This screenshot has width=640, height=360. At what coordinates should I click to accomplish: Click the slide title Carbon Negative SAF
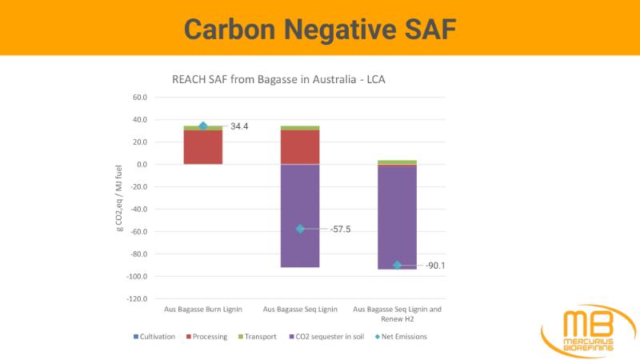click(320, 28)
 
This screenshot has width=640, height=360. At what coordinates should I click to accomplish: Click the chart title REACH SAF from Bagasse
click(280, 80)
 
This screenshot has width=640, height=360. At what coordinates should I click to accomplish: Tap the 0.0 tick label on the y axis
click(141, 165)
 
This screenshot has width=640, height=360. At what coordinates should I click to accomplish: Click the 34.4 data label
click(240, 126)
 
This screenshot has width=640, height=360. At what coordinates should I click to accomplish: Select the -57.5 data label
click(340, 230)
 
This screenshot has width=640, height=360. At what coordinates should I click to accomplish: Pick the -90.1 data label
click(435, 266)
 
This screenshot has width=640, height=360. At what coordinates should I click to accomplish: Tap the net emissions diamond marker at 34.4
click(203, 126)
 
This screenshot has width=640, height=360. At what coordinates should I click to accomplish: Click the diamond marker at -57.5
click(300, 229)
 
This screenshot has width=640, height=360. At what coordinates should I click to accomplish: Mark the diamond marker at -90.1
click(397, 265)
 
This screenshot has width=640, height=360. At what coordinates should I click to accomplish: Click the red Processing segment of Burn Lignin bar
click(203, 146)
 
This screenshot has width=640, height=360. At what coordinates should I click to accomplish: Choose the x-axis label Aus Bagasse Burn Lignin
click(203, 309)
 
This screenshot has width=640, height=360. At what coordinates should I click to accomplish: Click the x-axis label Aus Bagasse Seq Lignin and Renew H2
click(397, 314)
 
